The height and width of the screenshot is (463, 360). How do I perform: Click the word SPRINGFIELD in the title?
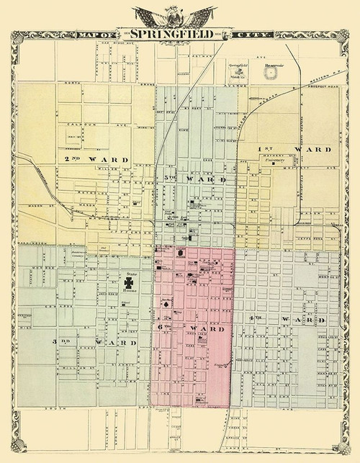(179, 33)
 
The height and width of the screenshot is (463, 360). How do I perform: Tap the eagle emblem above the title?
(180, 15)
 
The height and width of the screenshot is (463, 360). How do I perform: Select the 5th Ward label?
(194, 177)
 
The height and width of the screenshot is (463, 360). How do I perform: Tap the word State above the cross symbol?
(132, 274)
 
